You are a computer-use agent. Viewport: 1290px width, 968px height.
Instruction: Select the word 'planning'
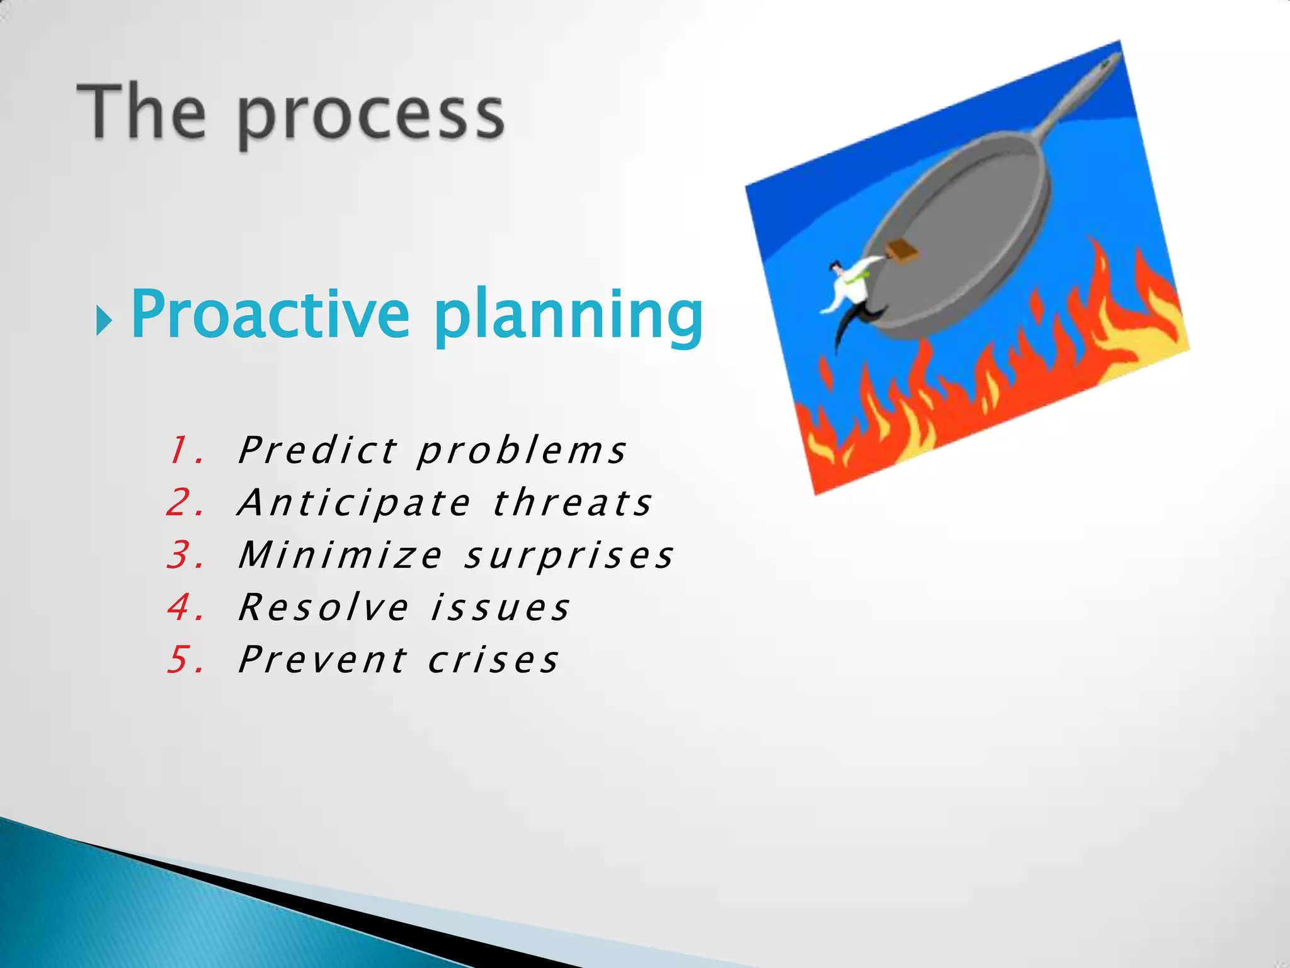(x=568, y=318)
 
